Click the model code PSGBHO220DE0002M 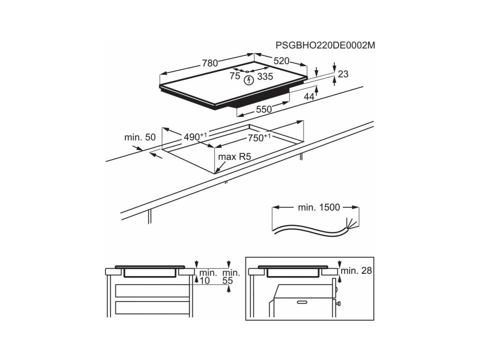(326, 45)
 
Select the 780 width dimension (210, 63)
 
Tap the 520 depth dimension (281, 60)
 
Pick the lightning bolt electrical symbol (249, 80)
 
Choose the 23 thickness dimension (343, 74)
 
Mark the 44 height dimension (309, 97)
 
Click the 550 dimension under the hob (263, 109)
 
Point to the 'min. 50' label (140, 137)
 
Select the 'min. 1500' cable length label (319, 207)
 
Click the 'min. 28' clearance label (356, 270)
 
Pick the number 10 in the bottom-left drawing (205, 281)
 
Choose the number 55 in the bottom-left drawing (228, 281)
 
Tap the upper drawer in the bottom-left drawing (153, 291)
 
